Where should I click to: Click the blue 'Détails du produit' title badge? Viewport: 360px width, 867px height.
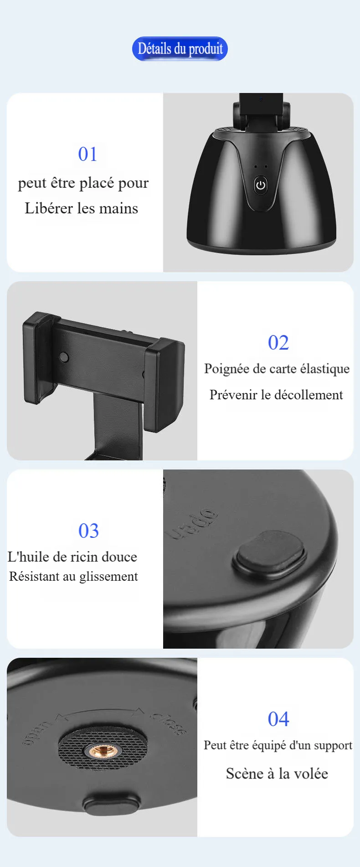(180, 49)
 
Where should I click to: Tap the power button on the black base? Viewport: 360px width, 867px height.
(260, 185)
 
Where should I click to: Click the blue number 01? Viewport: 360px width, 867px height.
(87, 154)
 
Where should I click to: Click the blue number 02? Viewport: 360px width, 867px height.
(278, 343)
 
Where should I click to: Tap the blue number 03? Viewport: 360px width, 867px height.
(88, 531)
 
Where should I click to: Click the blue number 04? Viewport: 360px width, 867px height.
(278, 719)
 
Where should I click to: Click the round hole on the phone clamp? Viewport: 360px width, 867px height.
(64, 357)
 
